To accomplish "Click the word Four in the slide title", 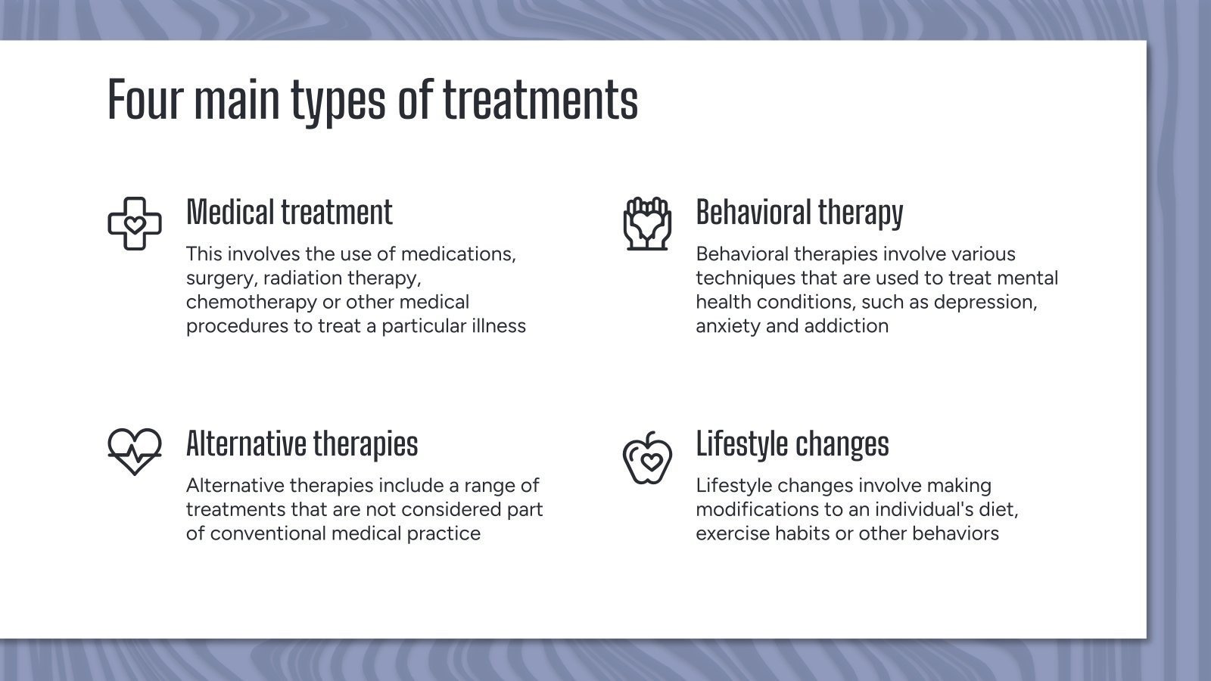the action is tap(145, 99).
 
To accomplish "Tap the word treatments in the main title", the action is tap(540, 99).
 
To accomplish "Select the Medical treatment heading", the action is tap(289, 212).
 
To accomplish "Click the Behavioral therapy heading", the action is tap(799, 213).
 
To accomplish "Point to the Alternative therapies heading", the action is tap(302, 445).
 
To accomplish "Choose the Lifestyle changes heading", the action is tap(792, 445).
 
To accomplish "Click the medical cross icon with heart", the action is tap(135, 224).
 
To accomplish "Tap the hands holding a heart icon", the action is tap(647, 224).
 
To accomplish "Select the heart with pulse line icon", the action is tap(135, 452).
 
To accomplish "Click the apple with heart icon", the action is tap(647, 458).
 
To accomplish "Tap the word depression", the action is tap(985, 303).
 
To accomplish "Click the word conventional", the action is tap(268, 533).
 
